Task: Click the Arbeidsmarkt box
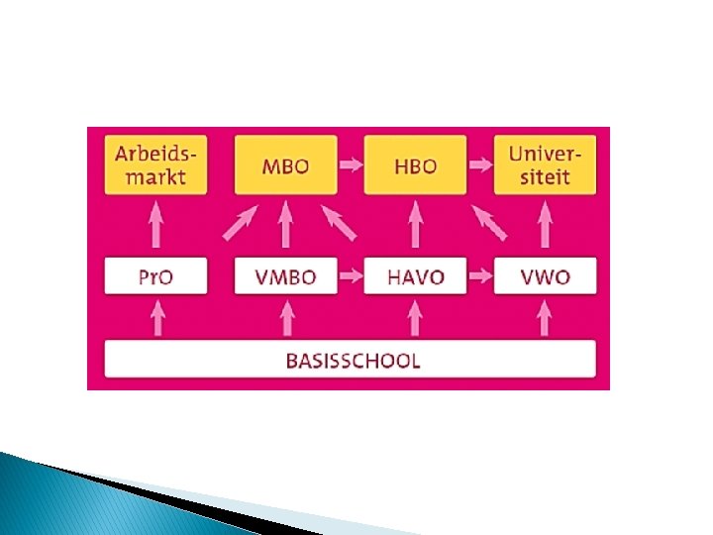(x=155, y=164)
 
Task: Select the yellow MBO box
(x=285, y=164)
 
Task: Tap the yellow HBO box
(x=415, y=164)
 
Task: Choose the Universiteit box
(x=545, y=164)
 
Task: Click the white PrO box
(x=155, y=276)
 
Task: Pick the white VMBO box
(x=285, y=276)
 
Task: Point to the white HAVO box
(x=415, y=276)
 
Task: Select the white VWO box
(x=545, y=276)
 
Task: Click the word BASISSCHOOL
(x=353, y=360)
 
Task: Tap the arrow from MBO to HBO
(x=351, y=164)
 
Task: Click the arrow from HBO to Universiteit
(x=480, y=164)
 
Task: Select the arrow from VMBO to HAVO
(x=351, y=276)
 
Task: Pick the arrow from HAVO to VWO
(x=480, y=276)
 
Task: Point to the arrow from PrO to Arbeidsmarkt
(x=155, y=224)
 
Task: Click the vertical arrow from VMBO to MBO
(x=285, y=224)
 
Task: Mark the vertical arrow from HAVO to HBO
(x=415, y=224)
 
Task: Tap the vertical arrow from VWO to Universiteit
(x=545, y=224)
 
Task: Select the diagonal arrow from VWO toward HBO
(x=489, y=224)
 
